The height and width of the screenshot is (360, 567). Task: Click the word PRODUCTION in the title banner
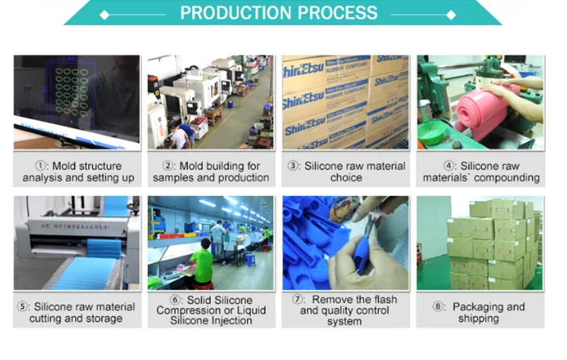click(229, 13)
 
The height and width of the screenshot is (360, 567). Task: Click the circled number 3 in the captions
click(294, 165)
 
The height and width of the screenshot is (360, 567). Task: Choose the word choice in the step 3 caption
click(346, 177)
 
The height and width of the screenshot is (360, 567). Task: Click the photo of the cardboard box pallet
click(480, 242)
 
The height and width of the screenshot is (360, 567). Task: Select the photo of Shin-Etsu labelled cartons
click(345, 102)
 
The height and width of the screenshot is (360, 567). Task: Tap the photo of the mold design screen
click(77, 102)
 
